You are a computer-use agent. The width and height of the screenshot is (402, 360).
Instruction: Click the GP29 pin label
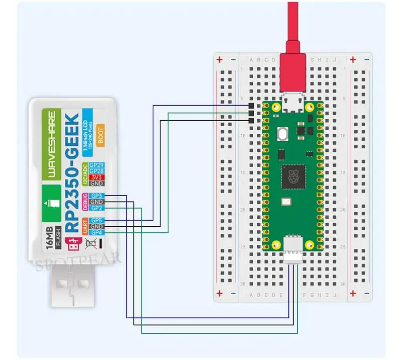coord(96,165)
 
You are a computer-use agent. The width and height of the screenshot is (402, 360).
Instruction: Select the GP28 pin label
coord(96,171)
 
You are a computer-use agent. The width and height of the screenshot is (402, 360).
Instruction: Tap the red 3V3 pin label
coord(96,177)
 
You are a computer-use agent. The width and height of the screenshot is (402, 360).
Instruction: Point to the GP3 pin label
coord(97,196)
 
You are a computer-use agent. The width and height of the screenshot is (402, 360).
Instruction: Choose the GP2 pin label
coord(97,208)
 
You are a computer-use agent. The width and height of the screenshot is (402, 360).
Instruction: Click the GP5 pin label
coord(97,220)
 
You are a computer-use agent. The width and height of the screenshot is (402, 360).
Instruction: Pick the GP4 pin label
coord(97,232)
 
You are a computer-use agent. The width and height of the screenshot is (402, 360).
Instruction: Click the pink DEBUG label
coord(85,202)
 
